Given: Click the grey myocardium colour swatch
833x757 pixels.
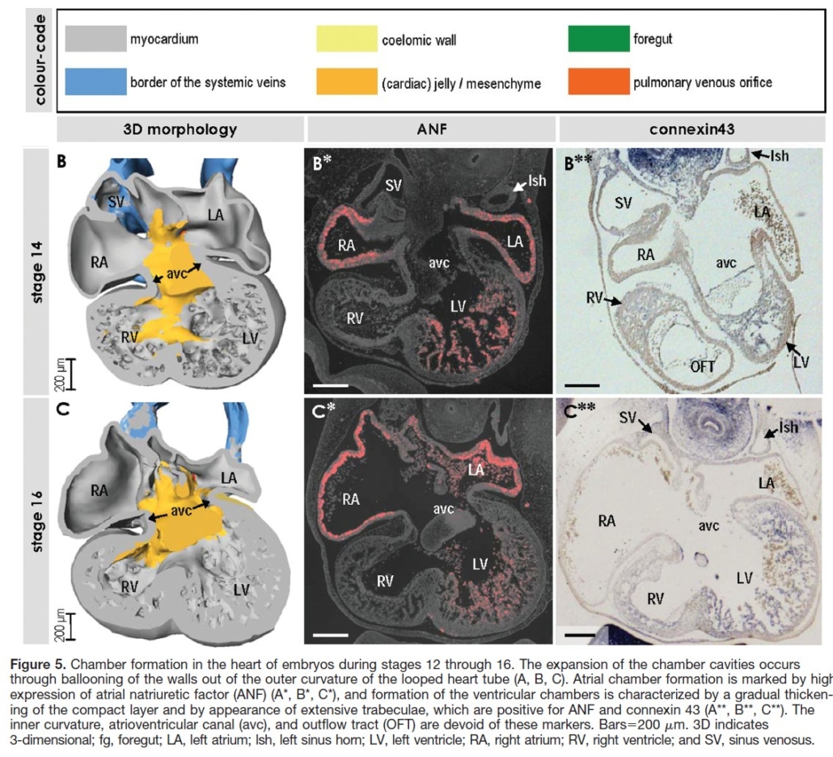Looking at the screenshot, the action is pos(95,39).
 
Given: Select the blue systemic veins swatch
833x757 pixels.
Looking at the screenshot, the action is pos(95,82).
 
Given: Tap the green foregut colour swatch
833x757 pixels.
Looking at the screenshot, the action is pos(598,39).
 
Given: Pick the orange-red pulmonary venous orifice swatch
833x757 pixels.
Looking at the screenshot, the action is pos(598,82).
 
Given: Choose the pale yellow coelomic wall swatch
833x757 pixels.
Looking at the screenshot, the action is pos(347,39).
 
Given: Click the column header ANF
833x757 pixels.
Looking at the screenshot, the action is pos(432,129).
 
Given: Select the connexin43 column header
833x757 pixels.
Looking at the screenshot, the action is pos(691,129).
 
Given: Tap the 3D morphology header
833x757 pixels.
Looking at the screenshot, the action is pos(180,129).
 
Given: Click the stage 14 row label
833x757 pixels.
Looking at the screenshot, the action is pos(37,271).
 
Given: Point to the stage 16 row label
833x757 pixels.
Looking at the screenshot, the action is pos(37,522).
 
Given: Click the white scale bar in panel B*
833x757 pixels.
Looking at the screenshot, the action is pos(331,385).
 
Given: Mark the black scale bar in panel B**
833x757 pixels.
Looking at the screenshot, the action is pos(582,385).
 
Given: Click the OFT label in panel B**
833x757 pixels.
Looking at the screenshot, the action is pos(703,366).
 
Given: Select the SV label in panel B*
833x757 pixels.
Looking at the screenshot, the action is pos(394,185).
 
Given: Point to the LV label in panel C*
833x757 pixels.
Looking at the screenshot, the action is pos(480,564).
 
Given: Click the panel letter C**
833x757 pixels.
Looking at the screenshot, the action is pos(580,410).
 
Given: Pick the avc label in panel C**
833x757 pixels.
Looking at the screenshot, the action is pos(708,526).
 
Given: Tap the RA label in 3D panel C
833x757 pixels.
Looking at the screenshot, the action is pos(99,490).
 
